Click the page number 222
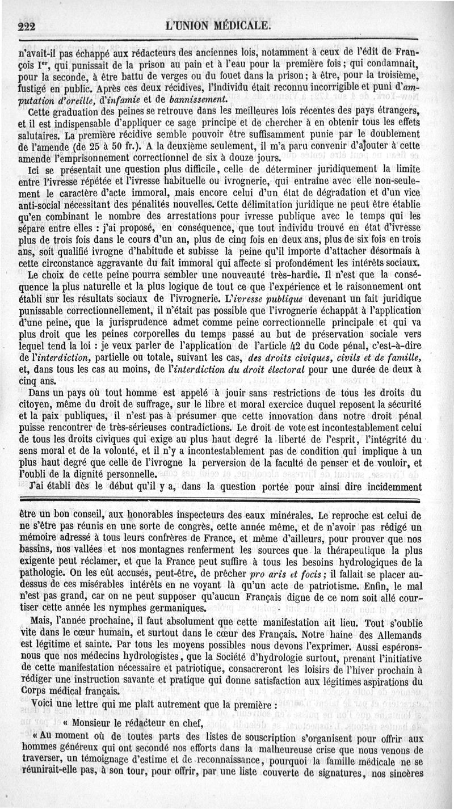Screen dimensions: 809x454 click(27, 26)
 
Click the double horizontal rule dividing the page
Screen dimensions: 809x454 click(227, 499)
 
